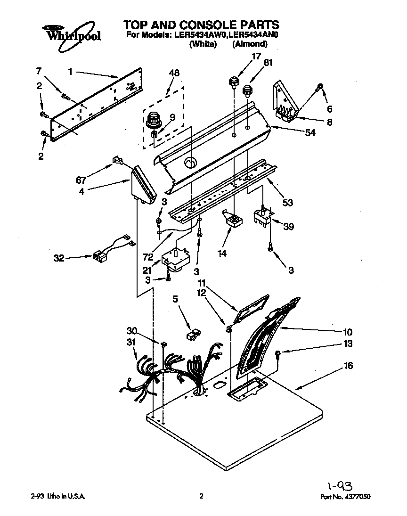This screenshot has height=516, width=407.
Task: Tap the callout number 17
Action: coord(256,57)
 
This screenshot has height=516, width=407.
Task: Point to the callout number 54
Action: coord(309,133)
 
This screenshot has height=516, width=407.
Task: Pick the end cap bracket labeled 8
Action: coord(285,101)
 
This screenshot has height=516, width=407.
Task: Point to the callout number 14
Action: coord(222,254)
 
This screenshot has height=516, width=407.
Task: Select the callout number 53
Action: coord(287,203)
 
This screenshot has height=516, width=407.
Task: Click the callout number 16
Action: coord(348,366)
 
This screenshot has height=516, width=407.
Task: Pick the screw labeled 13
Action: coord(278,353)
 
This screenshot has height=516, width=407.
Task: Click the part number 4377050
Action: coord(361,497)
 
